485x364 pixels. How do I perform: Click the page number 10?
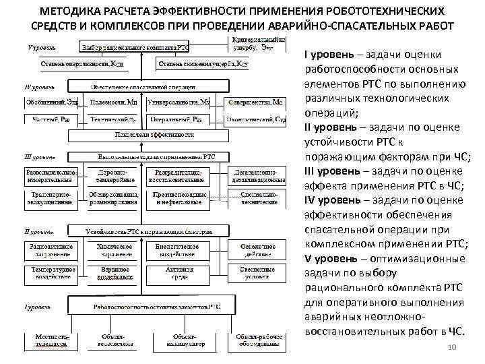[x=452, y=347]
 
